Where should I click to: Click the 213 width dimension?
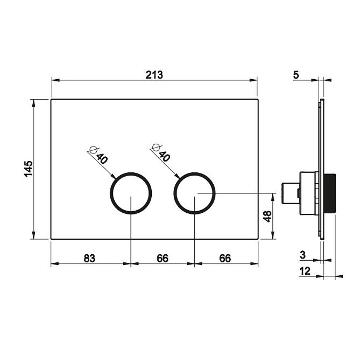(x=154, y=74)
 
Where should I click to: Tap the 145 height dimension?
(x=29, y=169)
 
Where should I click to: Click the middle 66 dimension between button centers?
(x=163, y=258)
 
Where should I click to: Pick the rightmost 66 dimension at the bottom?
(x=225, y=258)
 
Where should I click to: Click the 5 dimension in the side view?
(x=296, y=74)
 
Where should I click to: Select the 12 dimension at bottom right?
(x=305, y=271)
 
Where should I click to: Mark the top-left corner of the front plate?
(x=51, y=100)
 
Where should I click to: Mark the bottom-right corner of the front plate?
(x=257, y=239)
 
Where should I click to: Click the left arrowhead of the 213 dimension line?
(x=53, y=81)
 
